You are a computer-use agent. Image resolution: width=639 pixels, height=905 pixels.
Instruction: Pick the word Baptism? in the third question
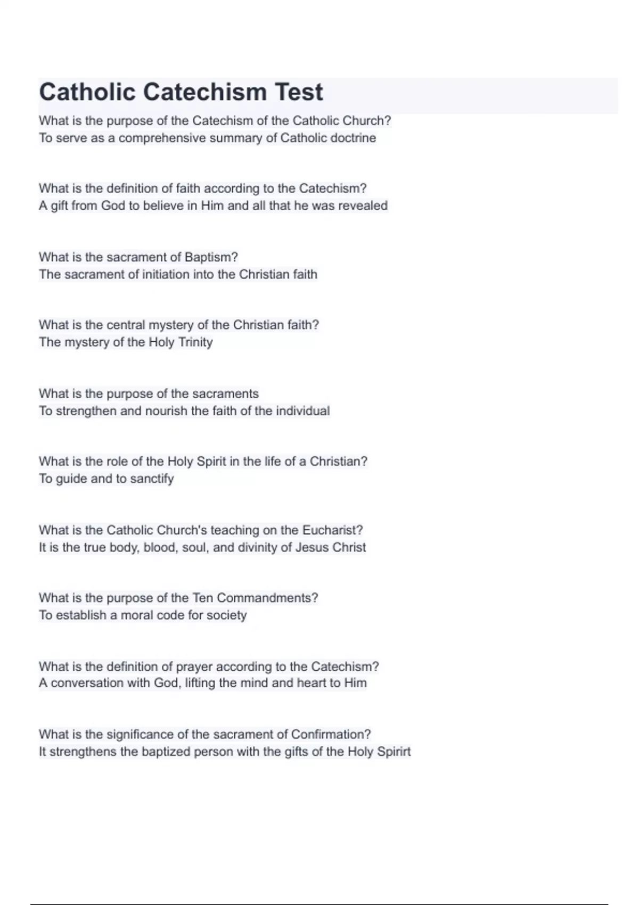[x=211, y=257]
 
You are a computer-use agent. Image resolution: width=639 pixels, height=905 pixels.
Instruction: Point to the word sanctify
[x=152, y=479]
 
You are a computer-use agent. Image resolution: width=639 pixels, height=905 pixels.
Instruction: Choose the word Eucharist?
[x=332, y=530]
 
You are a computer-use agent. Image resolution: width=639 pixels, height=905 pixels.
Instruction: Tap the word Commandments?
[x=267, y=598]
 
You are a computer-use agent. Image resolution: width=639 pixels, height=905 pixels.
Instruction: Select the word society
[x=226, y=615]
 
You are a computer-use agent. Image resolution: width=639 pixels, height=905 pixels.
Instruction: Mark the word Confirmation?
[x=331, y=735]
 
